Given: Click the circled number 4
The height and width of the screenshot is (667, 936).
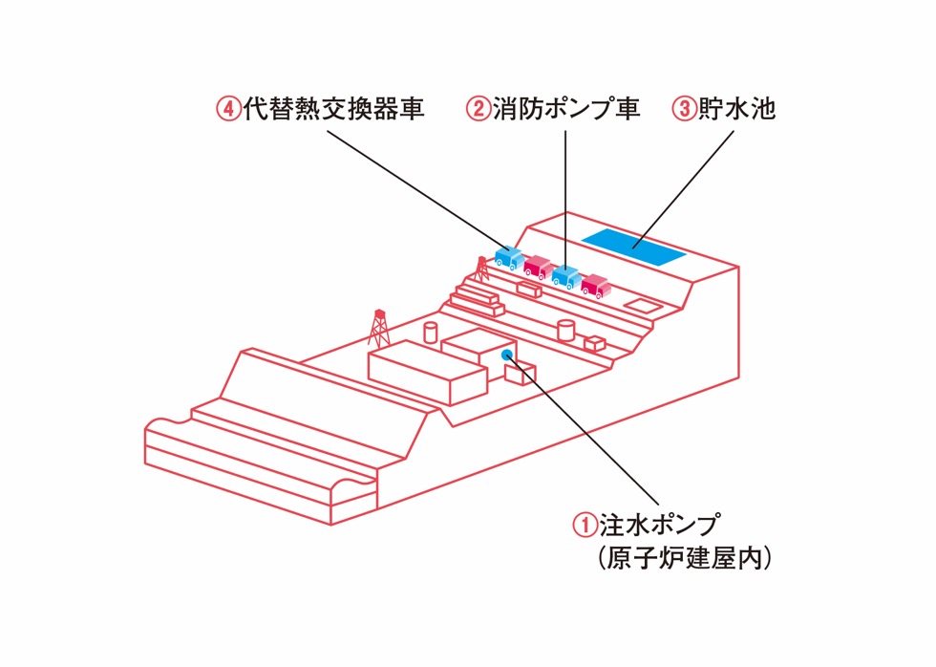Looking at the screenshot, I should tap(228, 109).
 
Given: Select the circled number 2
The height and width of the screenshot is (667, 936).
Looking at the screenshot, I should tap(478, 109).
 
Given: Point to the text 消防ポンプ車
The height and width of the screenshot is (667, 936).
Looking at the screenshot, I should tap(564, 109).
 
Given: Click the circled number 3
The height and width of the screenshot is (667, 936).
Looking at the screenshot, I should tap(684, 109).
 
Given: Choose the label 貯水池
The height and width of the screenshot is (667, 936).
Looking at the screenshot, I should tap(737, 109).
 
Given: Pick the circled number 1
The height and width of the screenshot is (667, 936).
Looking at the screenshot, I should tap(584, 525).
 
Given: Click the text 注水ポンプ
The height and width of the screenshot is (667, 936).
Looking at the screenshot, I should tap(659, 525).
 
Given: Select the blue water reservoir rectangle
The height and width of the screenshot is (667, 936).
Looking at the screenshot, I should tap(633, 247).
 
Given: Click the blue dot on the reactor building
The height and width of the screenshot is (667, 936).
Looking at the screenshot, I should tap(507, 355).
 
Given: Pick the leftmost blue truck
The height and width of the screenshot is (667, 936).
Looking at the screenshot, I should tap(509, 256).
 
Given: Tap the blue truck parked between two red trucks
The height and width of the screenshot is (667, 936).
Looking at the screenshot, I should tap(566, 277).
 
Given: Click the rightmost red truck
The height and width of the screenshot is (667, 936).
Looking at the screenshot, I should tap(595, 286).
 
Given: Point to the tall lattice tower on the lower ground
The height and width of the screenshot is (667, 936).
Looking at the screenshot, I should tap(379, 328).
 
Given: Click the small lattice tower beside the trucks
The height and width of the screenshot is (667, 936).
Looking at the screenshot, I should tap(481, 269).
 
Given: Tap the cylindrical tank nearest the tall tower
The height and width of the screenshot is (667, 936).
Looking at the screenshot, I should tap(431, 332).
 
